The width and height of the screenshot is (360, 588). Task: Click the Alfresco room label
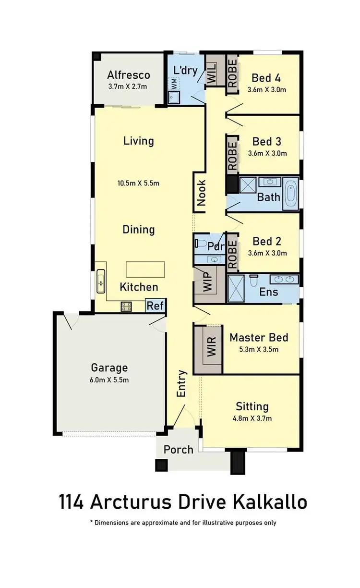[128, 75]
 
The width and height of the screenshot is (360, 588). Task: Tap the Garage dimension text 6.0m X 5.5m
[110, 380]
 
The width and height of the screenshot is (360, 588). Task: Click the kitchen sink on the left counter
[101, 281]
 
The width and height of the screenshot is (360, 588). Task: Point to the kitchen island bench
[145, 269]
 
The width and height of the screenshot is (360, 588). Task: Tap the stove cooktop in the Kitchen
[126, 306]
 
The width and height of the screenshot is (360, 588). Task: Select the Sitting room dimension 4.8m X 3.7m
[252, 418]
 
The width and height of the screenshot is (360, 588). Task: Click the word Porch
[178, 450]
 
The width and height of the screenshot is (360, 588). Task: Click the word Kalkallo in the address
[270, 502]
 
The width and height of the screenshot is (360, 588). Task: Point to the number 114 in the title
[72, 502]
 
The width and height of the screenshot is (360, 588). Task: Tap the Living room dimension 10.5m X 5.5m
[138, 183]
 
